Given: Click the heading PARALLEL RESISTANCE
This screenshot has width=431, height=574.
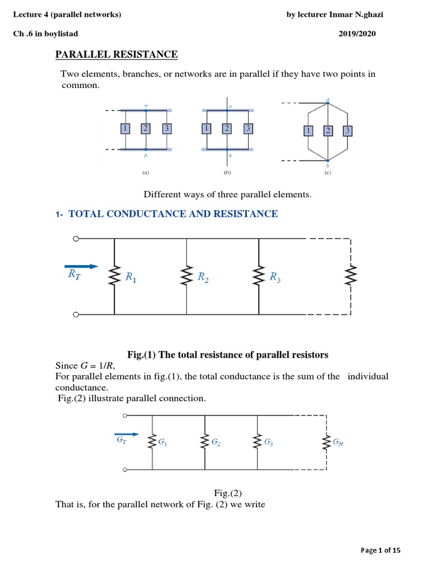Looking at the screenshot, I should (116, 54).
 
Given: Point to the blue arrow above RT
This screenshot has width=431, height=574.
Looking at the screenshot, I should (81, 266).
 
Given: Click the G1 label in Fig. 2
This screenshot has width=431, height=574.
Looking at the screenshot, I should (163, 442).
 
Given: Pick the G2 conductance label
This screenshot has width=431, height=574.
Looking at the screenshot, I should (216, 442).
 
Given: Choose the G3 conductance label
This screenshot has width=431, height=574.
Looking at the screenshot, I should (268, 442).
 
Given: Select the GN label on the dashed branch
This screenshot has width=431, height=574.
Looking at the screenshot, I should (338, 442).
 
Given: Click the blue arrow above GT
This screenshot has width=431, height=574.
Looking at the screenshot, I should (126, 434).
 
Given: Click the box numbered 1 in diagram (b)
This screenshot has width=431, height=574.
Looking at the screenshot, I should (207, 129).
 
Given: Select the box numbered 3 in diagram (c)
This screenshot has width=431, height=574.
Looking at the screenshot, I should (348, 131).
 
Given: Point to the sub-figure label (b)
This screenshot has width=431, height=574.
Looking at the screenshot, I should (227, 173).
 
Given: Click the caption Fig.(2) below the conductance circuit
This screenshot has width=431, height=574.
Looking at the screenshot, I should (227, 493).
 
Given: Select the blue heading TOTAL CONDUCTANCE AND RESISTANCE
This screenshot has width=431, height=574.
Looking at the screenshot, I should (173, 214).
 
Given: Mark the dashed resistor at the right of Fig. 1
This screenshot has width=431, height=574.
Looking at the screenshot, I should (351, 275).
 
